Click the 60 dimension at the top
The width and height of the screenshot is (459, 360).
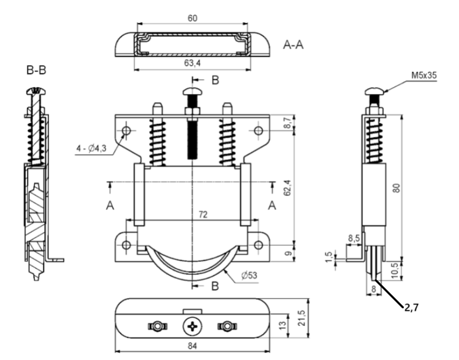[x=193, y=18]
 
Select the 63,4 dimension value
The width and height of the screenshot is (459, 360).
[x=194, y=63]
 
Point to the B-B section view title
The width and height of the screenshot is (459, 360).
[x=36, y=71]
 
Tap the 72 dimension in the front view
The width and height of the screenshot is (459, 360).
[x=202, y=216]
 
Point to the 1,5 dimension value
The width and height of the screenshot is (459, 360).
[x=333, y=258]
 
